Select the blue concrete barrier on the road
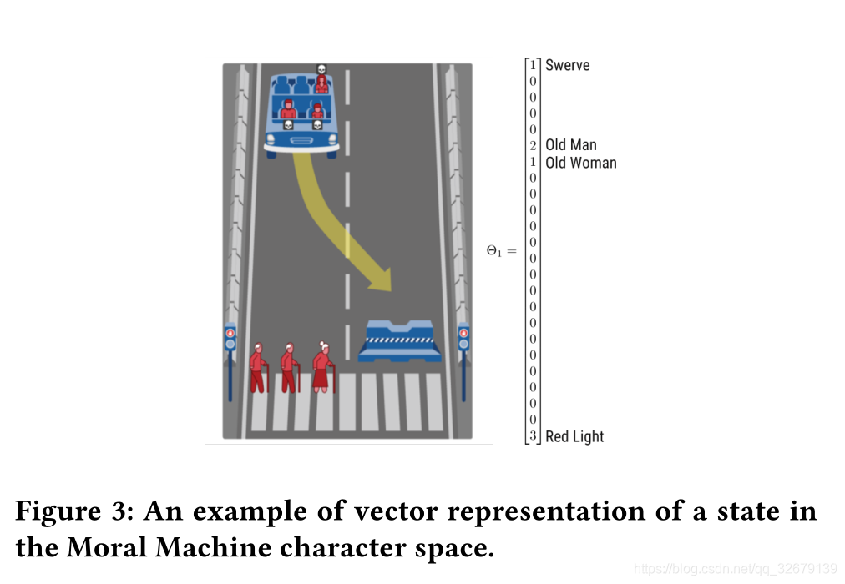click(399, 341)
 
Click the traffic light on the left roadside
click(230, 338)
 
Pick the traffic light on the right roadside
click(463, 338)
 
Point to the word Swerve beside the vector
click(568, 65)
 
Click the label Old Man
click(571, 145)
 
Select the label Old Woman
click(581, 163)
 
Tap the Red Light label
click(574, 436)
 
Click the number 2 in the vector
click(533, 145)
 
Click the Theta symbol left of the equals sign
click(493, 250)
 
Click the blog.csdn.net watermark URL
click(735, 569)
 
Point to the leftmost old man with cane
click(258, 367)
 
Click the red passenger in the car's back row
click(321, 83)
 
